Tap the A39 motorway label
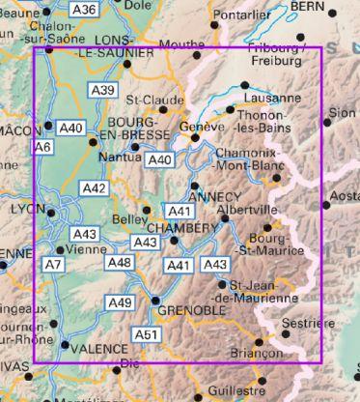pos(102,90)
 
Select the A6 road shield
pos(42,147)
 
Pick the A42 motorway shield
pos(95,188)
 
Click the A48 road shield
pos(120,263)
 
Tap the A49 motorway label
pos(120,303)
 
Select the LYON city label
pos(20,209)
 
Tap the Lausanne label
pos(273,99)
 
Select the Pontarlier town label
pos(241,16)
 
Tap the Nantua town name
pos(118,156)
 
